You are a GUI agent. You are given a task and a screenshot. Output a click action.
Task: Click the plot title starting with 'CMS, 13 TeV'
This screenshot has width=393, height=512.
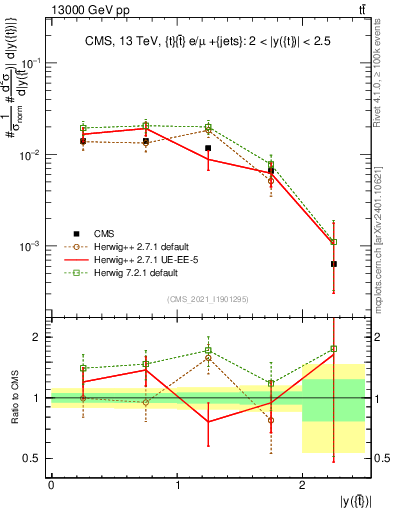(x=207, y=41)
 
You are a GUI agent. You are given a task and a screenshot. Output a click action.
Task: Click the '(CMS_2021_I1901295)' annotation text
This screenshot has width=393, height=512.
(x=207, y=299)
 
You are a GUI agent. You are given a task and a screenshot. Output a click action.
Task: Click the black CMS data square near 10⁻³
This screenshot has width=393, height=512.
(x=334, y=264)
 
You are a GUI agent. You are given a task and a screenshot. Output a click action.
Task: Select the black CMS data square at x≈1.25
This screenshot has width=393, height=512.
(x=208, y=148)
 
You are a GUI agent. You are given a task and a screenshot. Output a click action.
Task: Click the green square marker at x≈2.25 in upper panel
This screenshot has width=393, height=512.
(x=334, y=242)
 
